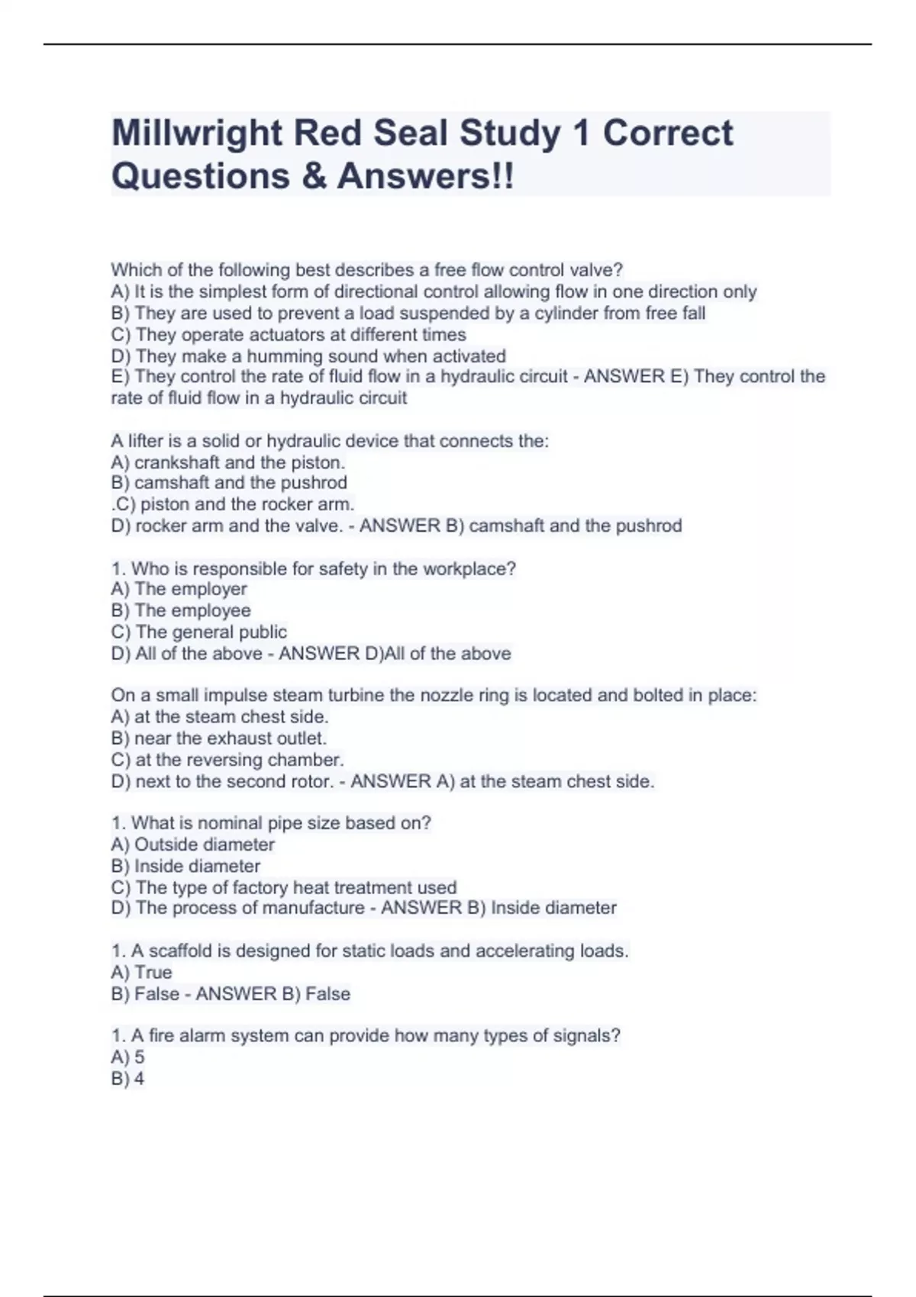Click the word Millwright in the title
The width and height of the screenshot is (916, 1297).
(x=197, y=134)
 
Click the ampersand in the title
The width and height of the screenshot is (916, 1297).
(x=313, y=176)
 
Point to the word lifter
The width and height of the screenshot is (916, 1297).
(x=144, y=441)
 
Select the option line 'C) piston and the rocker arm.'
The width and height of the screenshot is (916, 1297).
(x=233, y=504)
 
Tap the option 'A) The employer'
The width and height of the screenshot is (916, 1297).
(x=179, y=589)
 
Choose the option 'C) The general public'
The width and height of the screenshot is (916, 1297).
(x=198, y=632)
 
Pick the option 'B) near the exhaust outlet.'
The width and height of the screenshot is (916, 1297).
(x=218, y=739)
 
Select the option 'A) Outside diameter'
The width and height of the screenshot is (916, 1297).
(x=192, y=845)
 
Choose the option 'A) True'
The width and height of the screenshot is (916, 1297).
(x=141, y=973)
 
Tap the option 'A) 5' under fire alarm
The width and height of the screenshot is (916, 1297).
(x=127, y=1057)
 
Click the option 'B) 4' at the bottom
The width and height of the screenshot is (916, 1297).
(x=127, y=1079)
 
